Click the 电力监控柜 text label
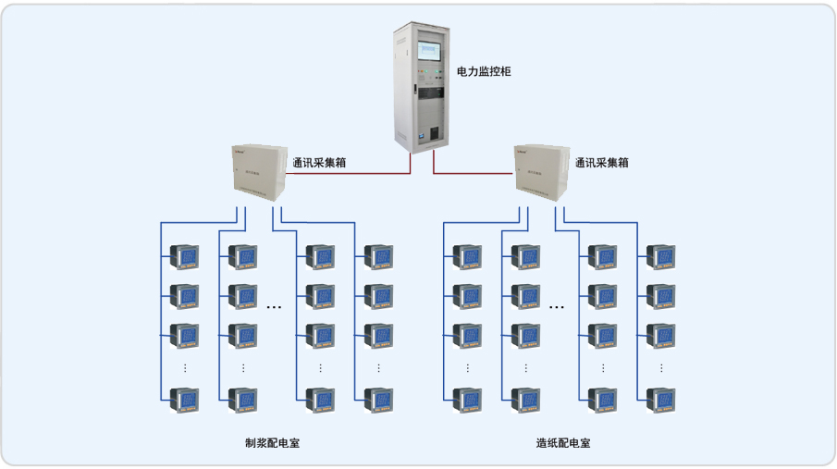click(x=484, y=71)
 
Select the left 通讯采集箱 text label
click(x=319, y=163)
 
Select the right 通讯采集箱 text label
click(x=601, y=163)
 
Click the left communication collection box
click(x=258, y=174)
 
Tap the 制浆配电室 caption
click(x=272, y=443)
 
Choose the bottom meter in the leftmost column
click(x=185, y=400)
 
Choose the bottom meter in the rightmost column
click(x=662, y=400)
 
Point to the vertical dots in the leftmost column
click(x=185, y=367)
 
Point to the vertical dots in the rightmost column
click(x=662, y=367)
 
